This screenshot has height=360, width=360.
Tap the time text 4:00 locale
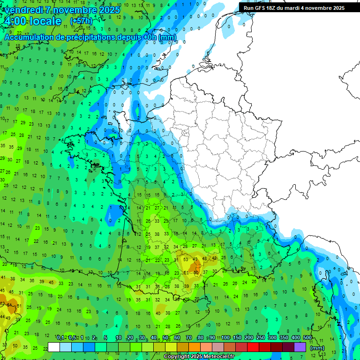click(33, 22)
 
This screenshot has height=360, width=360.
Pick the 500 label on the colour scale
click(307, 337)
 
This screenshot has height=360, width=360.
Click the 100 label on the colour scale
click(225, 337)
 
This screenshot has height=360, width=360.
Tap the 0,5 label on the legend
click(72, 337)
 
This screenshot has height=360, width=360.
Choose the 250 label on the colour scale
click(260, 337)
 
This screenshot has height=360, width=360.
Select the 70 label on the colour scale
click(188, 337)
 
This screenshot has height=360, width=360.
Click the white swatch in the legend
click(54, 347)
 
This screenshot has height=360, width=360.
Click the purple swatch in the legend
click(300, 347)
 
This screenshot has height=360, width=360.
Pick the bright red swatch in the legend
click(253, 347)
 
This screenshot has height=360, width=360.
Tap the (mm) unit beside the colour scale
click(317, 348)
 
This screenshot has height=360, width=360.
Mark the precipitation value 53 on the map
click(186, 259)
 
